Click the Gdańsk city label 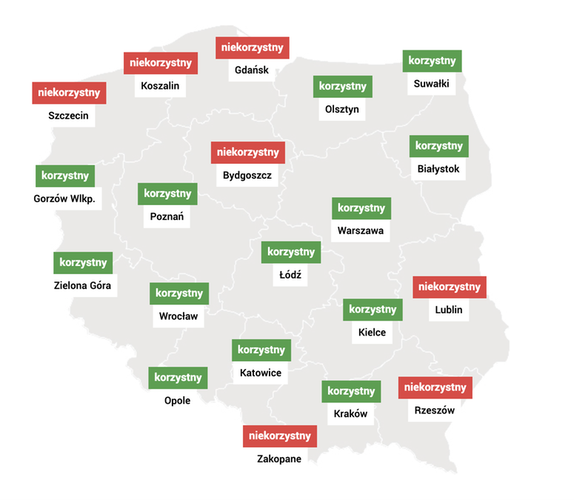[x=252, y=71]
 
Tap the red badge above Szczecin [x=69, y=93]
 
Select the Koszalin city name [x=160, y=86]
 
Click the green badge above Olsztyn [x=342, y=87]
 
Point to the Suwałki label [x=432, y=84]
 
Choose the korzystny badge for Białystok [x=439, y=146]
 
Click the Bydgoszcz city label [x=247, y=176]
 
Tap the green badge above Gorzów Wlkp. [x=65, y=176]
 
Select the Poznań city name [x=167, y=217]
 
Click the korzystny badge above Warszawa [x=361, y=208]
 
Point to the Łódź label [x=290, y=275]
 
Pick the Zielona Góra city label [x=85, y=285]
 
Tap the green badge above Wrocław [x=179, y=293]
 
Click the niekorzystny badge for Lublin [x=450, y=287]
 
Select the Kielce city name [x=372, y=333]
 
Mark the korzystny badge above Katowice [x=261, y=350]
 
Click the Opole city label [x=178, y=401]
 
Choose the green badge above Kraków [x=351, y=391]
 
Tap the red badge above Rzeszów [x=435, y=387]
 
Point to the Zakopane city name [x=279, y=459]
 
